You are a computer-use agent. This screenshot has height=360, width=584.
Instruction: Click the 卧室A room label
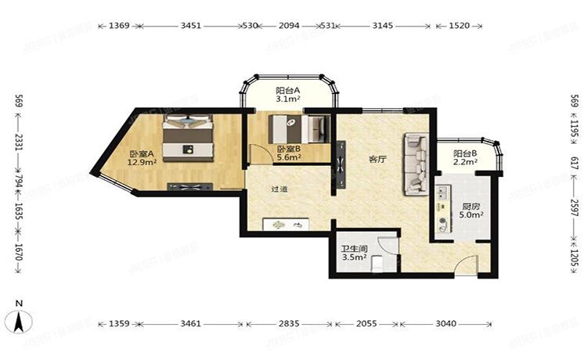(x=142, y=153)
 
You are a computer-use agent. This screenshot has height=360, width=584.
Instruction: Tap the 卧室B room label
(x=289, y=149)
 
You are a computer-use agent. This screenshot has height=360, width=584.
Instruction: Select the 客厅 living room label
(x=377, y=160)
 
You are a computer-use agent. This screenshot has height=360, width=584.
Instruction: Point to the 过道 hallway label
(x=279, y=189)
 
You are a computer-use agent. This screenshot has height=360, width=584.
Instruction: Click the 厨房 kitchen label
(x=471, y=207)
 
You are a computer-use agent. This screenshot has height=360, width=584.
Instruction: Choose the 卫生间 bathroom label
(x=355, y=249)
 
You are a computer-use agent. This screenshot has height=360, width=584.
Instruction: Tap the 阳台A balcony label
(x=288, y=91)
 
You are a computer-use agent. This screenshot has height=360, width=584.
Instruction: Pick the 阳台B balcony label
(x=465, y=153)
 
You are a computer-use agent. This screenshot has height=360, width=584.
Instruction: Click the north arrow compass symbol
(x=18, y=322)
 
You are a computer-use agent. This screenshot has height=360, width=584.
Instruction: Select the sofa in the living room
(x=415, y=164)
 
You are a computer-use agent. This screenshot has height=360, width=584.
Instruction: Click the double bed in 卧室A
(x=188, y=138)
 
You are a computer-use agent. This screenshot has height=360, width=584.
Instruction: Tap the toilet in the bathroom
(x=377, y=261)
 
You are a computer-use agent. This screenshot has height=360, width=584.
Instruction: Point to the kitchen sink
(x=443, y=193)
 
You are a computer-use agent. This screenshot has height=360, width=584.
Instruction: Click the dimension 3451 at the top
(x=191, y=26)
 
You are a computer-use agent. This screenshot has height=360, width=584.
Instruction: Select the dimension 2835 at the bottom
(x=289, y=323)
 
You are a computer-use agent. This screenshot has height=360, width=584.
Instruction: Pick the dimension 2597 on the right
(x=575, y=207)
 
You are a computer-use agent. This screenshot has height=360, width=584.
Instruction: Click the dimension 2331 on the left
(x=19, y=142)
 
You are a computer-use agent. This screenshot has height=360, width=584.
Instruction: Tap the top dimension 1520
(x=460, y=26)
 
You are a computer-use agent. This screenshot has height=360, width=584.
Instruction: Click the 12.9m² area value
(x=142, y=162)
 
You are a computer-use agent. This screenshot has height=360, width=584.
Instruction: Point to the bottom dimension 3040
(x=445, y=323)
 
